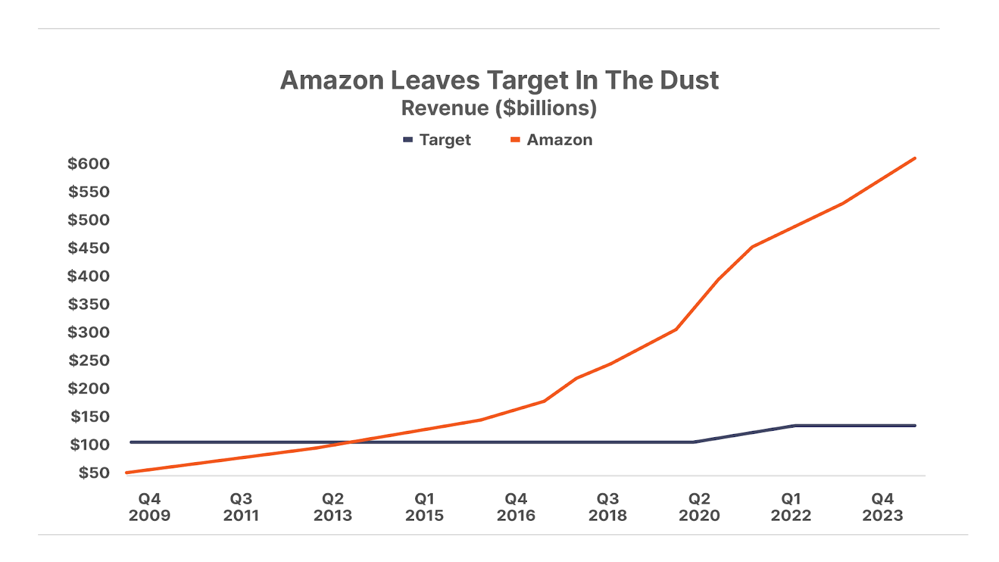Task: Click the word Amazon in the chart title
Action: coord(332,81)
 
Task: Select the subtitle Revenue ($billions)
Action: coord(499,108)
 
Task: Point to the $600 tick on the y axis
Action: coord(89,164)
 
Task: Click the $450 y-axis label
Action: coord(89,248)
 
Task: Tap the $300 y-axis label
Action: coord(89,332)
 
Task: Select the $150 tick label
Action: coord(90,417)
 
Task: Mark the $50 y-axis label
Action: coord(94,473)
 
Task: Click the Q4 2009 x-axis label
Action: coord(149,507)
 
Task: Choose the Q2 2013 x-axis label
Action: coord(333,507)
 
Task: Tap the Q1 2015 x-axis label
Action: coord(425,507)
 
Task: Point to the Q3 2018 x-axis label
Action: coord(608,507)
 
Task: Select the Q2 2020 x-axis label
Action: coord(699,507)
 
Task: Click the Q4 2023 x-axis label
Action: coord(882,507)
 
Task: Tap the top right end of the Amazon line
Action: coord(915,159)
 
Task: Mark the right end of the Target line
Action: coord(915,426)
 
